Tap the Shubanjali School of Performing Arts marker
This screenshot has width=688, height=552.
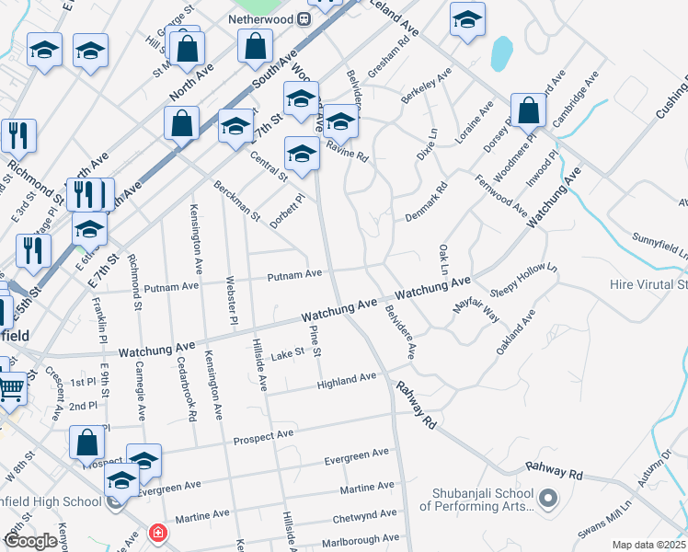[x=549, y=500]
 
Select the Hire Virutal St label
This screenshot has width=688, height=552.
[x=648, y=285]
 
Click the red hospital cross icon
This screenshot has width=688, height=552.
[x=158, y=533]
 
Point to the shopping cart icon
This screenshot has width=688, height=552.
[x=11, y=390]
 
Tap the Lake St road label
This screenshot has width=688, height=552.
[x=286, y=352]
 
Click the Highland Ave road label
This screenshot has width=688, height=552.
[x=347, y=378]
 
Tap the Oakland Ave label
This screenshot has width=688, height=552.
[x=516, y=337]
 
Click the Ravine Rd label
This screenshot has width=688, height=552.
[x=347, y=151]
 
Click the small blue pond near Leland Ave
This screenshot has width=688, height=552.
[x=500, y=54]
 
